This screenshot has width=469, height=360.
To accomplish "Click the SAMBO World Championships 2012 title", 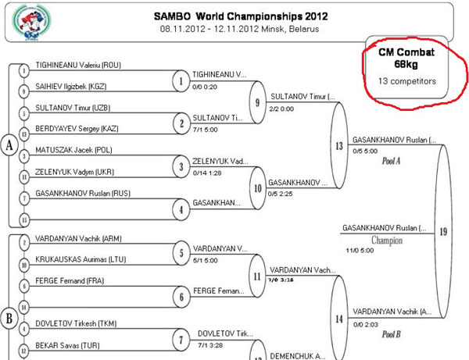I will coord(234,16).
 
